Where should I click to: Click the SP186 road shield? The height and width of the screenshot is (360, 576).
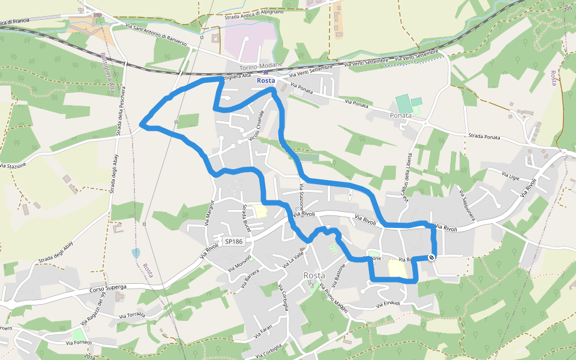coord(233,241)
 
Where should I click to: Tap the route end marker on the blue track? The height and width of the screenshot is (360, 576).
coord(431,257)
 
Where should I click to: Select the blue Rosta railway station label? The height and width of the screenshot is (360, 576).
coord(266,80)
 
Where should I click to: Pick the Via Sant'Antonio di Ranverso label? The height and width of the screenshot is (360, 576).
coord(157,35)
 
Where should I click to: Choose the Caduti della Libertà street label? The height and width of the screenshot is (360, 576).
coord(408,174)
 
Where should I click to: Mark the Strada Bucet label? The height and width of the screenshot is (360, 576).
coord(247,218)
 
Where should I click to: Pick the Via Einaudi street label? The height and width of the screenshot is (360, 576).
coord(388,305)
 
